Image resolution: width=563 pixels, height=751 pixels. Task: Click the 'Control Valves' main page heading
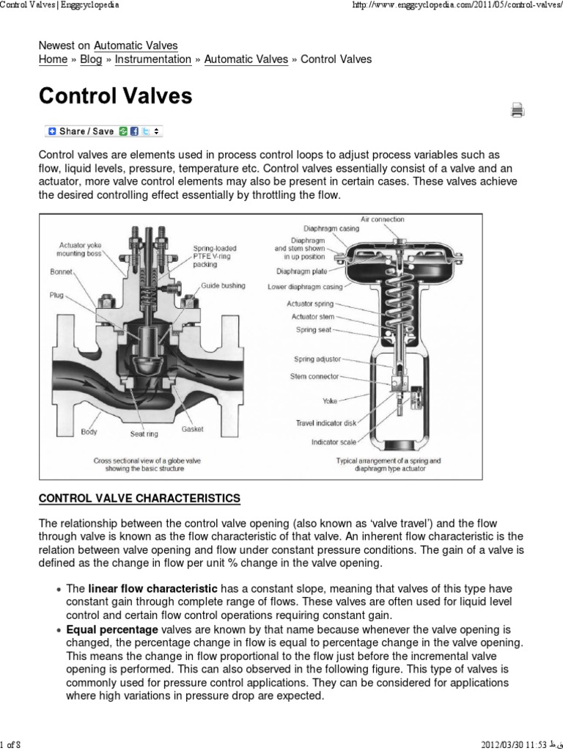pos(115,97)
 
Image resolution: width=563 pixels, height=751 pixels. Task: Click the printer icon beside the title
pos(518,111)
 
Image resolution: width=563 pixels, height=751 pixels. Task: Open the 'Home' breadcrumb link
pos(53,59)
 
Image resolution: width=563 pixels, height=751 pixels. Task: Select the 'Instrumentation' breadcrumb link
pos(154,59)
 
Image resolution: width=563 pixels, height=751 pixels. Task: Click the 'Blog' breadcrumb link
pos(92,59)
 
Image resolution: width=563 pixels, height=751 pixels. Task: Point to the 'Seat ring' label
pos(144,433)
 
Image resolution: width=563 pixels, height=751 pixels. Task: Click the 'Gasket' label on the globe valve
pos(192,428)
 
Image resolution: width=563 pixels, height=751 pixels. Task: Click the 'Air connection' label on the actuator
pos(382,219)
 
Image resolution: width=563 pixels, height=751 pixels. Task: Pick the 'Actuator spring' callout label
pos(309,303)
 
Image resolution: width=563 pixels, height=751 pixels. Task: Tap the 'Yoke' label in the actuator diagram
pos(330,401)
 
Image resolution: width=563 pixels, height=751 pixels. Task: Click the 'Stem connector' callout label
pos(314,376)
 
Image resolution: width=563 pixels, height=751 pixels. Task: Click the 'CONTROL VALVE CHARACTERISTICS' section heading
pos(139,498)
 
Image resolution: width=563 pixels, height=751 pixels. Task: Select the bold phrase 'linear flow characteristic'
pos(152,589)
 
